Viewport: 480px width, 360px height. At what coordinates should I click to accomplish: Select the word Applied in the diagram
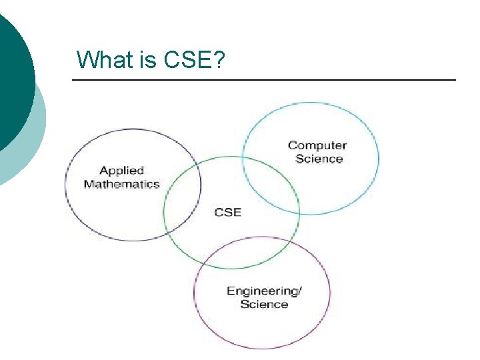pos(121,171)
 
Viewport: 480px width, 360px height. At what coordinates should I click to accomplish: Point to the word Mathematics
pos(121,184)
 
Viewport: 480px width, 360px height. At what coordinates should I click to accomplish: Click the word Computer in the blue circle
pos(317,145)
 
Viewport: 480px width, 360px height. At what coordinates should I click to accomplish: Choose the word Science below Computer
pos(319,159)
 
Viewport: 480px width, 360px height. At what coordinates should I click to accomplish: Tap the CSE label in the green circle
pos(227,212)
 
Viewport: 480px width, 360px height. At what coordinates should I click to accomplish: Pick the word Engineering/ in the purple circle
pos(264,291)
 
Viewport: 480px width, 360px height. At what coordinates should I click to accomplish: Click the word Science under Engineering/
pos(264,304)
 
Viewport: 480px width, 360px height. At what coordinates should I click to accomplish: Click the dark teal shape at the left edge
pos(13,73)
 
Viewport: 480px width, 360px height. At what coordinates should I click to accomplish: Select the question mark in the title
pos(219,60)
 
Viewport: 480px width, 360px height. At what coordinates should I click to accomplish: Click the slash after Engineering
pos(299,291)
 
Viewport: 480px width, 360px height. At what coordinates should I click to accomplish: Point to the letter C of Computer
pos(292,145)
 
